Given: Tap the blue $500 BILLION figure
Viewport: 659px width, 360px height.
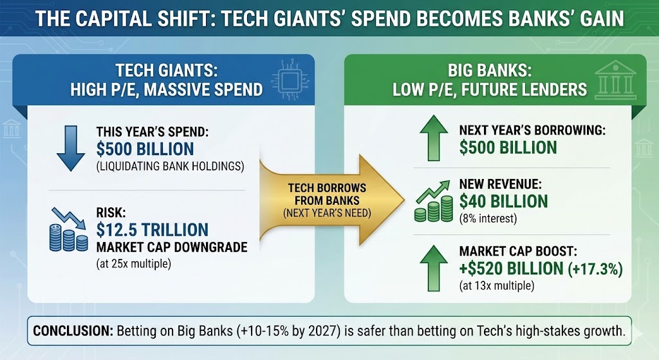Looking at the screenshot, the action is click(145, 149).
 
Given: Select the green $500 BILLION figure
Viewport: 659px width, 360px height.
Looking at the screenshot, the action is click(508, 147).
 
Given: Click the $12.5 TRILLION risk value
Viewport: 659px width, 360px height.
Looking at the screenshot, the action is click(152, 230).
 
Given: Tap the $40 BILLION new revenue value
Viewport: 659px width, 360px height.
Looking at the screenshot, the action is click(503, 202).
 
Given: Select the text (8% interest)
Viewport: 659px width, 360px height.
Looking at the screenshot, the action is click(488, 219).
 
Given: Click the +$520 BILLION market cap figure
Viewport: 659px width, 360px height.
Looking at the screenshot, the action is click(511, 269).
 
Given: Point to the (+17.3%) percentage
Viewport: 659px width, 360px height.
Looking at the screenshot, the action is click(595, 269).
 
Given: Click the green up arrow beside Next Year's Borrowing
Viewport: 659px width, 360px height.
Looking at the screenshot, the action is click(434, 138).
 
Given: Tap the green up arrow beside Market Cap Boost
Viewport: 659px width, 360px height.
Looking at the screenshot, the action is click(434, 269).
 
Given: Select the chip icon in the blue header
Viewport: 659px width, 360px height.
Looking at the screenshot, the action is click(290, 80).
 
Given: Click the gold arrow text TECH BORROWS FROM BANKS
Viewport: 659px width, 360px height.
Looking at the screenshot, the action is click(327, 194).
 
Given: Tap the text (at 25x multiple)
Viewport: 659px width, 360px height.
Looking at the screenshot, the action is click(134, 264).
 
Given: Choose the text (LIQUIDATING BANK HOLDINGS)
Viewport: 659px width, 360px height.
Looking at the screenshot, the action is click(170, 167).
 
